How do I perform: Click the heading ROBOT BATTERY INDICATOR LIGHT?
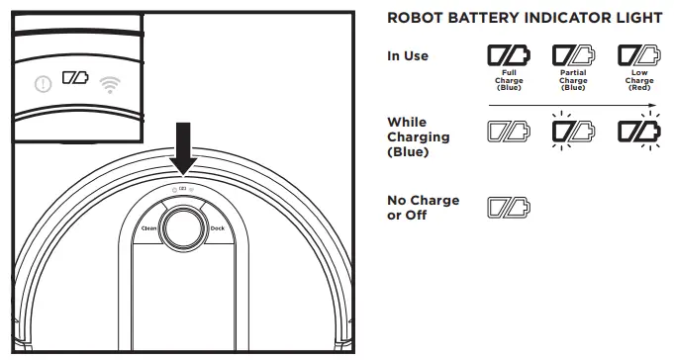click(526, 19)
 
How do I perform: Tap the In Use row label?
click(407, 56)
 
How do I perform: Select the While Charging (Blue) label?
click(418, 137)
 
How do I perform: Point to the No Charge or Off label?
click(423, 208)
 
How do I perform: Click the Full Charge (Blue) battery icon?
click(508, 54)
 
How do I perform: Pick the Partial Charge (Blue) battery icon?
click(573, 54)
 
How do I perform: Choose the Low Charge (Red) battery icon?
click(638, 54)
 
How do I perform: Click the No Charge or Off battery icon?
click(508, 208)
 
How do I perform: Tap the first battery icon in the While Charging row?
click(508, 131)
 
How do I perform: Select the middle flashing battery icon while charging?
click(573, 131)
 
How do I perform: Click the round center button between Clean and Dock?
click(181, 226)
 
